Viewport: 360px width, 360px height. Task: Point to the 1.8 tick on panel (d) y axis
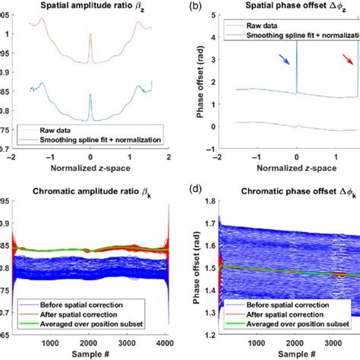tap(204, 201)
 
